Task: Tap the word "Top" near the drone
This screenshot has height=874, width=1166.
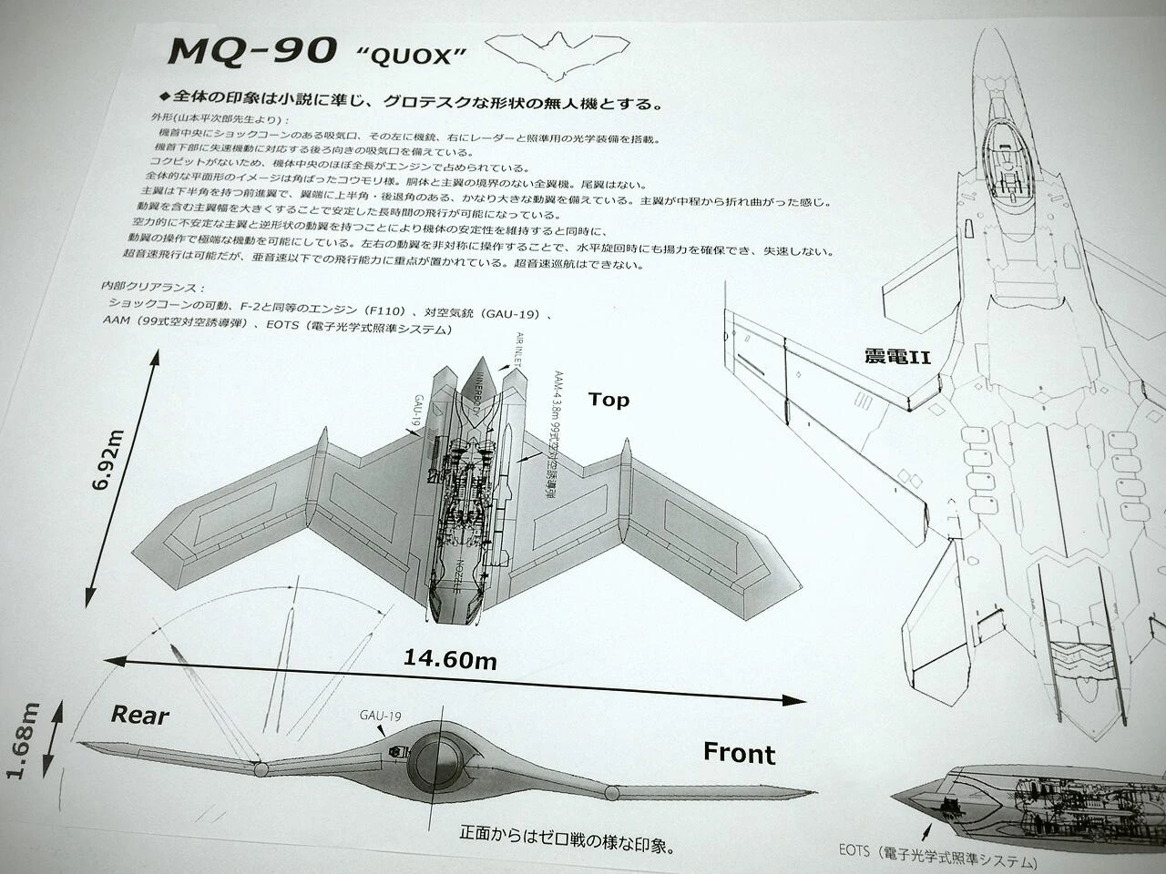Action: pyautogui.click(x=609, y=400)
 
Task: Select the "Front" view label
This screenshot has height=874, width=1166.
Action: pyautogui.click(x=739, y=753)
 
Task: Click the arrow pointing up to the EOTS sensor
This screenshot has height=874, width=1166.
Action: pyautogui.click(x=928, y=830)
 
